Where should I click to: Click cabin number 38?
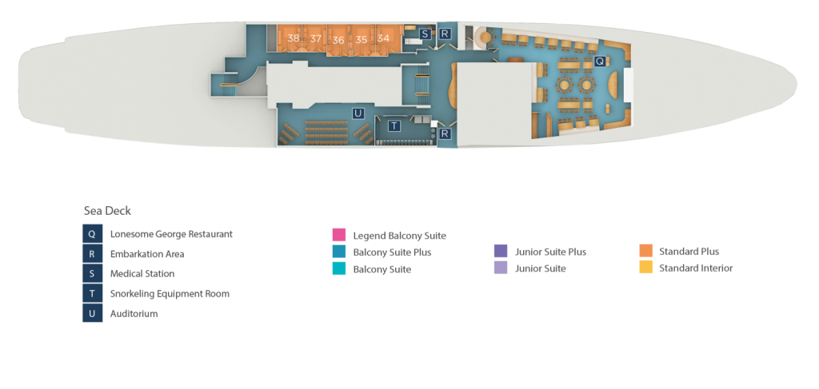(294, 38)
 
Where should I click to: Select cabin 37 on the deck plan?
(316, 38)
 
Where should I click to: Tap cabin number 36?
(338, 40)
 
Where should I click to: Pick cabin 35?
(362, 39)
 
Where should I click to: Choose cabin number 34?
(384, 38)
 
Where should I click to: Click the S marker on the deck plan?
(424, 34)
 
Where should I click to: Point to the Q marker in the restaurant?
(599, 61)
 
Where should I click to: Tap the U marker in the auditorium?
(358, 113)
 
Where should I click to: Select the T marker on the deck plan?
(394, 125)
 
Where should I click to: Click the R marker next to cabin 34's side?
(445, 34)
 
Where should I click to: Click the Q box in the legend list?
(92, 234)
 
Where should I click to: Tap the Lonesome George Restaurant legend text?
(171, 234)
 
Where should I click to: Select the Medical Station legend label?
(142, 273)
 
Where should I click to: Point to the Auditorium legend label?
(134, 313)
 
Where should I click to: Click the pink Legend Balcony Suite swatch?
(339, 235)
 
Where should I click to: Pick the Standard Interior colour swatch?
(646, 268)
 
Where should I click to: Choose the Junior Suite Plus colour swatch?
(501, 252)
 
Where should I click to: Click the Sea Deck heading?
(107, 210)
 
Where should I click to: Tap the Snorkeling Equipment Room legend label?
(170, 293)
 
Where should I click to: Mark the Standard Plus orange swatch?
(646, 252)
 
